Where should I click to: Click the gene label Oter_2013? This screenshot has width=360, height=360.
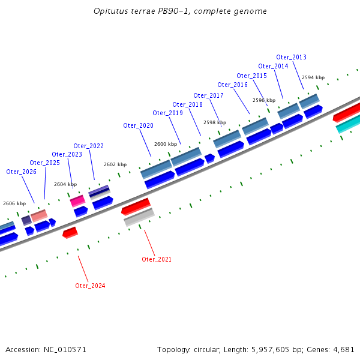tap(291, 58)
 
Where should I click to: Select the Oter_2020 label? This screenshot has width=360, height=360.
tap(138, 126)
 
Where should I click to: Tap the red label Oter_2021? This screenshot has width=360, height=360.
tap(157, 259)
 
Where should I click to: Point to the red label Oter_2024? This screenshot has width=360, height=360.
tap(90, 286)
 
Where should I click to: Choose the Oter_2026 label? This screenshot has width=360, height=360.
tap(21, 172)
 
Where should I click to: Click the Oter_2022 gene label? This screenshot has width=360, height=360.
tap(88, 146)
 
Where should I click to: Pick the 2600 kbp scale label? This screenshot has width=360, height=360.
tap(166, 145)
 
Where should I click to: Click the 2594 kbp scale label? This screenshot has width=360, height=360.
tap(313, 78)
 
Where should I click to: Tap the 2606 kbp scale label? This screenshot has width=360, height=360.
tap(14, 204)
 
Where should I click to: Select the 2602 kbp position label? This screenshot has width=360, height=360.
tap(115, 164)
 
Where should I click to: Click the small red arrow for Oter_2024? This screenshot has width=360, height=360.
tap(70, 232)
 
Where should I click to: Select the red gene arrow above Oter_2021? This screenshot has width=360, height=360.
tap(136, 206)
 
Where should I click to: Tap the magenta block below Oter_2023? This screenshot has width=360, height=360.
tap(77, 201)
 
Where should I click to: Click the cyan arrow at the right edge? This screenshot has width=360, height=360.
tap(347, 125)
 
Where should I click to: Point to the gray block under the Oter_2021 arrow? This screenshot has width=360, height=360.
tap(139, 217)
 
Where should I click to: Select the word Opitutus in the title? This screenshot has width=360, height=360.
tap(111, 11)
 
